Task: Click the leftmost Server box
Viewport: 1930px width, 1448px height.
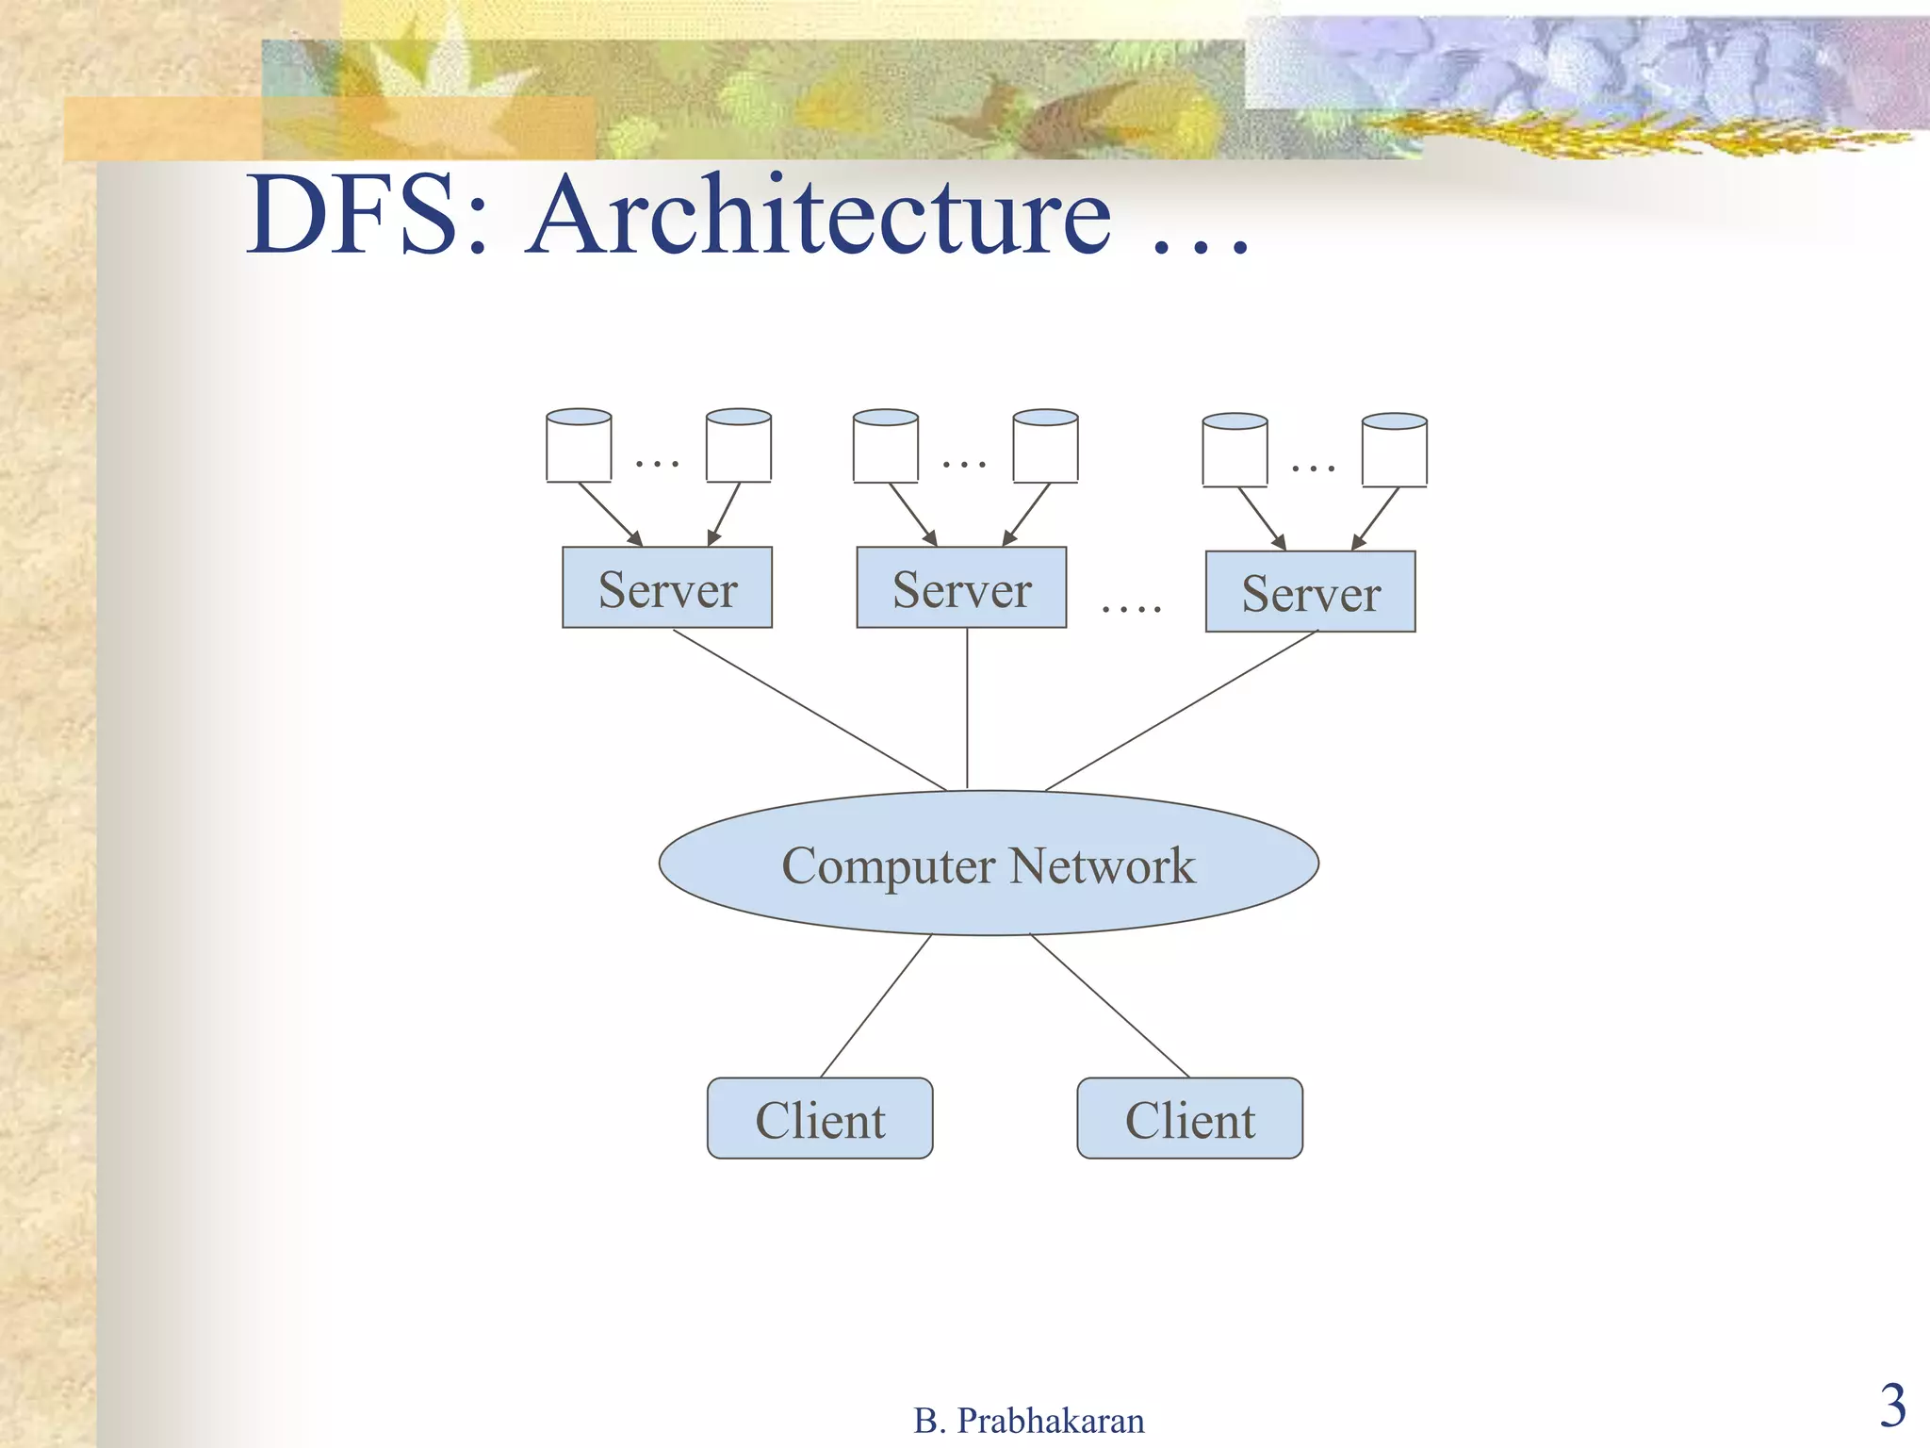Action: point(667,587)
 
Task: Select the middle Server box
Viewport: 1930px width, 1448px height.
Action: point(961,587)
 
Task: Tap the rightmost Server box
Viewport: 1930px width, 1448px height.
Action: point(1311,591)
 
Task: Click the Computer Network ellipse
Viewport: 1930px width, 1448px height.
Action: point(989,864)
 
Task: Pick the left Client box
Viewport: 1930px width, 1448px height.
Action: point(820,1119)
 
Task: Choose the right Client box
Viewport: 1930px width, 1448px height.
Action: point(1190,1119)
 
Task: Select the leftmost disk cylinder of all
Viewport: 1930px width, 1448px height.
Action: point(579,445)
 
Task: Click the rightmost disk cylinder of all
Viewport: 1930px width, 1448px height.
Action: point(1395,450)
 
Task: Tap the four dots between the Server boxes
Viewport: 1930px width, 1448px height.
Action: point(1132,608)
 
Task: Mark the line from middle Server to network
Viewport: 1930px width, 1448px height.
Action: point(967,707)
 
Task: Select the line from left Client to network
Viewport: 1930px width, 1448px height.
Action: point(876,1006)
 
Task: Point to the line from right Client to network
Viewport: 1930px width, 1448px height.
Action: point(1110,1006)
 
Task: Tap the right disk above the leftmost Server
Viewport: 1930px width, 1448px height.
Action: point(739,445)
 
